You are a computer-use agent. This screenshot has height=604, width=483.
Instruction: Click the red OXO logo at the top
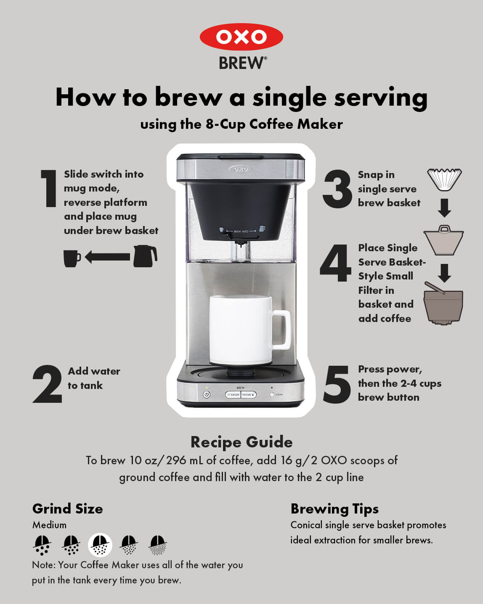[241, 37]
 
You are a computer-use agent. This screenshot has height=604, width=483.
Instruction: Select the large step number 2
[47, 384]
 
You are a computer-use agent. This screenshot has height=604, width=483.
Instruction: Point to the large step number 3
[337, 189]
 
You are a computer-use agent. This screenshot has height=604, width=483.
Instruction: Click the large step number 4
[336, 263]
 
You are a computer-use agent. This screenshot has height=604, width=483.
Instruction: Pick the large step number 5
[337, 384]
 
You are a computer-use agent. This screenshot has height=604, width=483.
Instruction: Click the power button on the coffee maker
[207, 395]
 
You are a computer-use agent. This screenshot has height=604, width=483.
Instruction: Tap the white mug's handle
[281, 330]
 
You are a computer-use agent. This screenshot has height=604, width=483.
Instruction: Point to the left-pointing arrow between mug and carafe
[107, 257]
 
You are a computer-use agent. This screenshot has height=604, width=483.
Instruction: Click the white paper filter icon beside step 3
[444, 179]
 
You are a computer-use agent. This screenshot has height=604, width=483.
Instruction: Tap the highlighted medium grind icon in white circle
[100, 545]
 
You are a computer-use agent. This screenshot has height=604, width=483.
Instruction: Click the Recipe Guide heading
[241, 442]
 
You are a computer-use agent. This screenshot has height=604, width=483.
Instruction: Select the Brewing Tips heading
[334, 509]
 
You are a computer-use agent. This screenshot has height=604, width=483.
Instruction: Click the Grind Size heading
[68, 509]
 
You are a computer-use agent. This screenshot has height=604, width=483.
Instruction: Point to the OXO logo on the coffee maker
[240, 169]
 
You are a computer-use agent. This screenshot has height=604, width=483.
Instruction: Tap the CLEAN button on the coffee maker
[272, 395]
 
